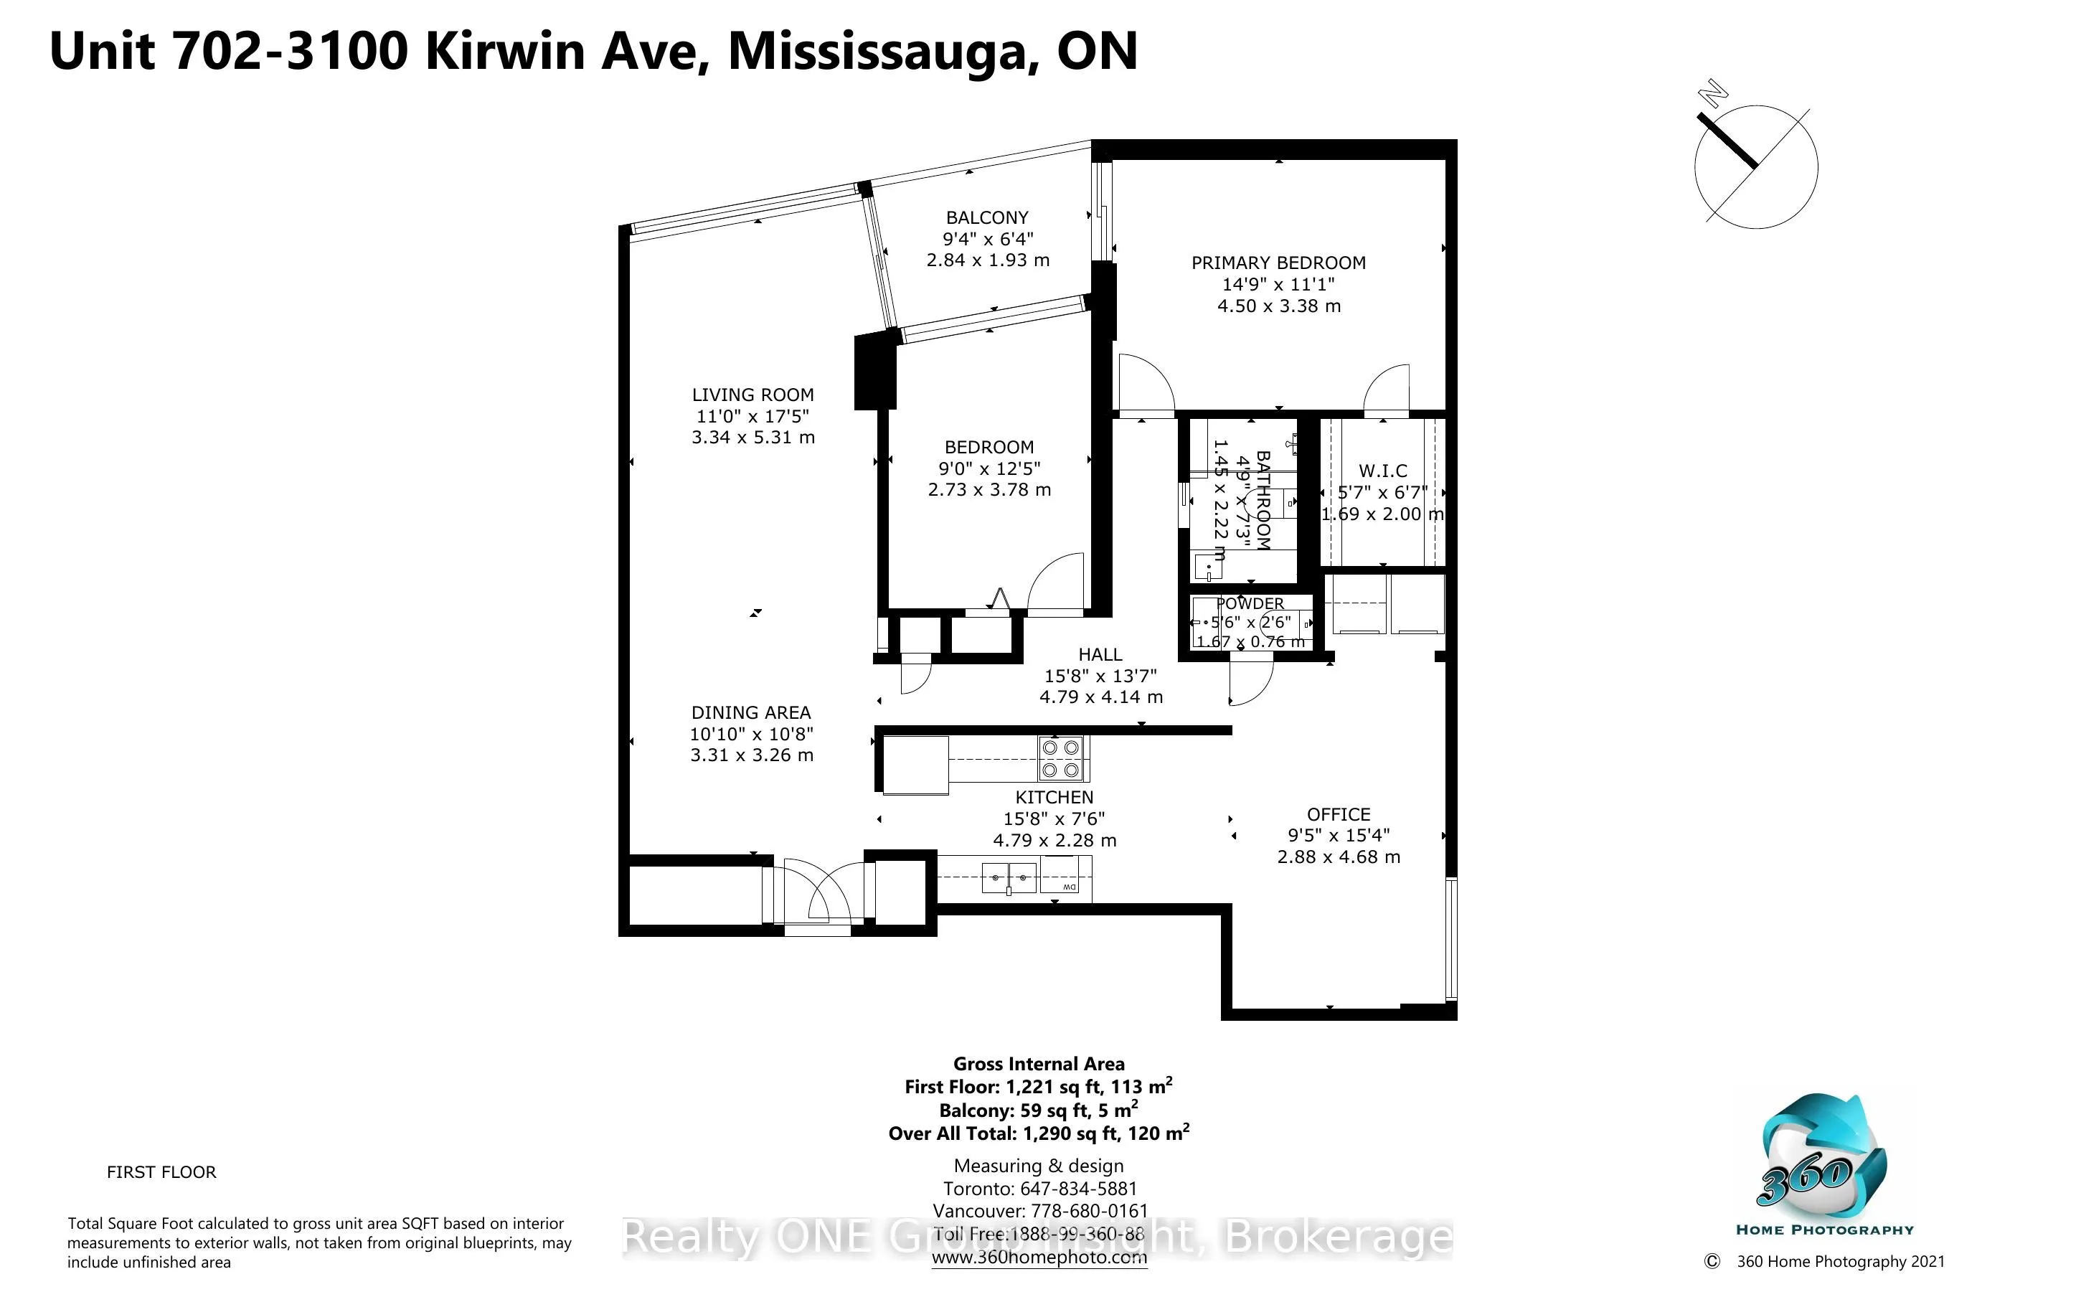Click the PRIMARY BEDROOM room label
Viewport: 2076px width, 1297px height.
[x=1278, y=263]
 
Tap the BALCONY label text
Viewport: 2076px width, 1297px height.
[x=987, y=218]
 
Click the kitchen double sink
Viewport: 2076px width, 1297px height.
[x=1009, y=878]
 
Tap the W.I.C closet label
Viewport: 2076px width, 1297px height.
[x=1382, y=471]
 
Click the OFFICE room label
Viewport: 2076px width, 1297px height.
[x=1338, y=814]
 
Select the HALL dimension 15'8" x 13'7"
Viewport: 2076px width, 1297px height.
[x=1100, y=676]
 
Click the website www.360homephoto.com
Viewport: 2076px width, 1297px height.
[x=1039, y=1258]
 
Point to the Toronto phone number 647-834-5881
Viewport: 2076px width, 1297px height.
[x=1078, y=1189]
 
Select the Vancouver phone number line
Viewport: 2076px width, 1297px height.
[x=1039, y=1211]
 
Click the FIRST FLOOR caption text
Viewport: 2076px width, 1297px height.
[x=161, y=1171]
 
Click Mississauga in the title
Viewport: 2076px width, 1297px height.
[x=877, y=52]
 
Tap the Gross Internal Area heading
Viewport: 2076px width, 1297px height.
[x=1039, y=1064]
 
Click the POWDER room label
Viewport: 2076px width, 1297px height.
[x=1250, y=604]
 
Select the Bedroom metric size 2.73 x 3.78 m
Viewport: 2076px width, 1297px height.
[x=989, y=490]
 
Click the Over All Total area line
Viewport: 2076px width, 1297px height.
[x=1039, y=1133]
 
